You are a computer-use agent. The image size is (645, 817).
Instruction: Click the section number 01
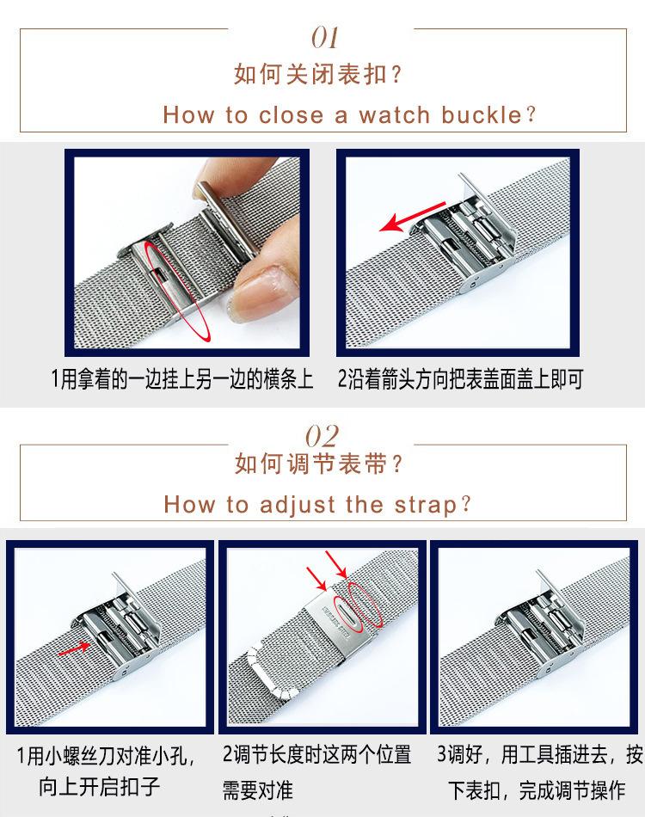pos(324,38)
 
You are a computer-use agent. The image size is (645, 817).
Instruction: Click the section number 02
pos(322,436)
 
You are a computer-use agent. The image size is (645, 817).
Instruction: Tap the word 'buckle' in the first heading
pos(482,114)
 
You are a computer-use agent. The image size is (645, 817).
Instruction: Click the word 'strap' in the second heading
pos(425,506)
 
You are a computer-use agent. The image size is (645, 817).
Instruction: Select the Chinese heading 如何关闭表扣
pos(310,74)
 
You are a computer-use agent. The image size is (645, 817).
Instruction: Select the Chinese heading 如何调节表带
pos(310,464)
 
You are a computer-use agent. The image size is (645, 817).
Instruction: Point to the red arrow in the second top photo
pos(413,216)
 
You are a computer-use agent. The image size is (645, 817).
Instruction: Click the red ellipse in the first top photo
pos(177,290)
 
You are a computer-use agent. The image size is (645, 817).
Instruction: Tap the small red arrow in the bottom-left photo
pos(74,648)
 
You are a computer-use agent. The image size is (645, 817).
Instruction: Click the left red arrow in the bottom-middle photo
pos(316,579)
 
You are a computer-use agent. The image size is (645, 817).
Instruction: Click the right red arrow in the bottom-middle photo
pos(336,564)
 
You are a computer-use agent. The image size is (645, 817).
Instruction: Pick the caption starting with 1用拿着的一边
pos(181,378)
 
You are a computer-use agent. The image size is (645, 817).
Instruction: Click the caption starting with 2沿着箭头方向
pos(460,378)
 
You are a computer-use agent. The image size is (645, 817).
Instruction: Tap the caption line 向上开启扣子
pos(99,787)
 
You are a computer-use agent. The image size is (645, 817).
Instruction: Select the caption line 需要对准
pos(257,789)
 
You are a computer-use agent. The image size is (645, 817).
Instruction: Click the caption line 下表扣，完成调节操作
pos(537,789)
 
